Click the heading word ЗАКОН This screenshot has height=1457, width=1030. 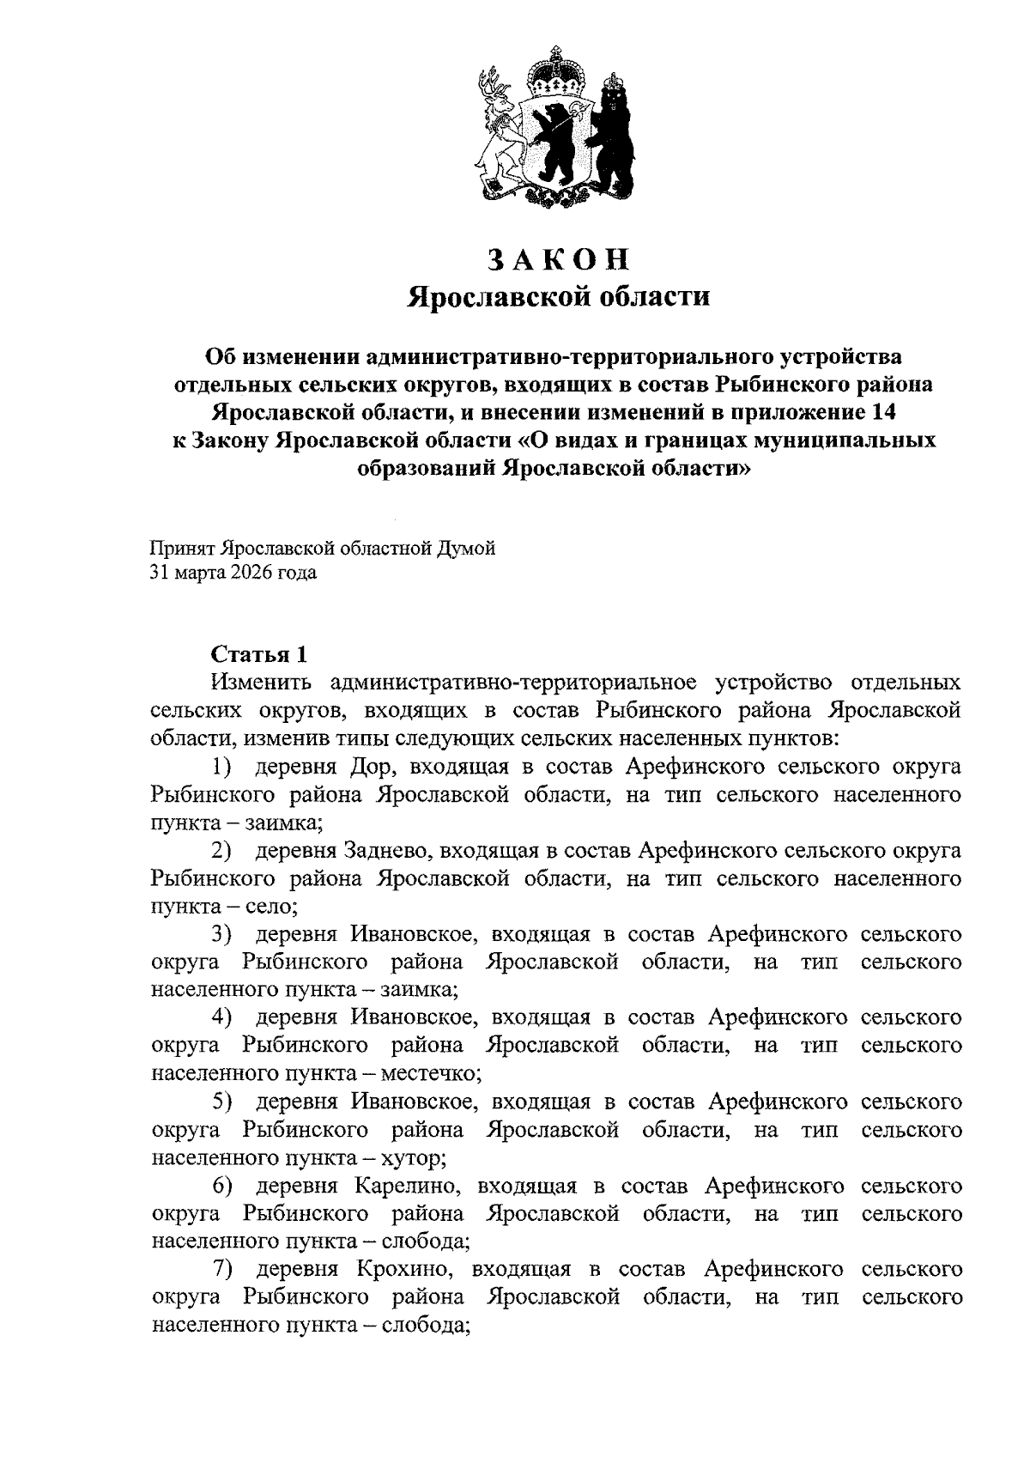tap(558, 258)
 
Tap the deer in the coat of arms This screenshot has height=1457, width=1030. tap(495, 129)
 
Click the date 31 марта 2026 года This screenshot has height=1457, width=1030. tap(233, 573)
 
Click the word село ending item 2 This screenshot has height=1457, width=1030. tap(272, 906)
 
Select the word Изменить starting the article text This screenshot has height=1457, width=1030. tap(259, 683)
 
